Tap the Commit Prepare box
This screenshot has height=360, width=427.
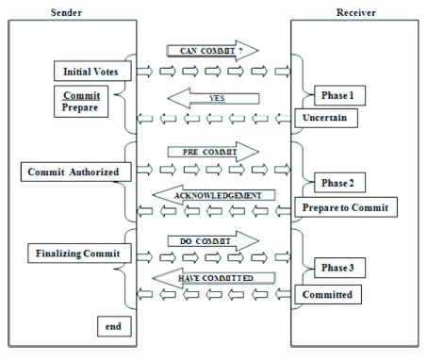coord(81,103)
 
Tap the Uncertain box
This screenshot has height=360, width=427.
coord(327,117)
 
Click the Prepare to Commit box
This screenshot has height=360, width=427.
coord(343,207)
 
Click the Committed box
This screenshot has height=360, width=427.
coord(329,295)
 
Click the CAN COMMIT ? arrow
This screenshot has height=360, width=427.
coord(213,50)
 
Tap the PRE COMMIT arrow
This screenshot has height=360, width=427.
coord(212,151)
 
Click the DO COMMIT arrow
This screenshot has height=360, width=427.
coord(212,240)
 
